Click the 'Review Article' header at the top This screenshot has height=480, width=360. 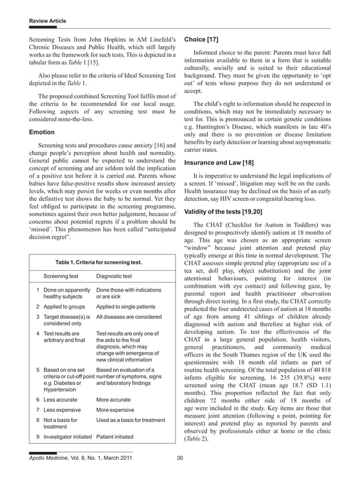tap(47, 21)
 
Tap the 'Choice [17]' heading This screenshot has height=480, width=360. tap(201, 39)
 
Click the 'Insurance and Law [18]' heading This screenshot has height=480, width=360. tap(219, 163)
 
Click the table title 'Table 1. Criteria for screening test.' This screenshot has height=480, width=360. tap(98, 262)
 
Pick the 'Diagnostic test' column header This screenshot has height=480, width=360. tap(115, 276)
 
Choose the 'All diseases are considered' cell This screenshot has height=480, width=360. tap(129, 317)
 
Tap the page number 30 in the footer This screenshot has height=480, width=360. tap(180, 457)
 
